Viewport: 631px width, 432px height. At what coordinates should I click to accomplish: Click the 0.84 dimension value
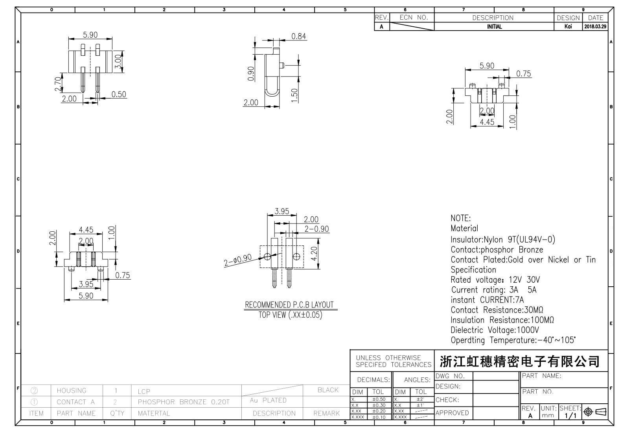coord(299,36)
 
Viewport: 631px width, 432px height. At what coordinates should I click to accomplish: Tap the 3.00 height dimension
coord(118,62)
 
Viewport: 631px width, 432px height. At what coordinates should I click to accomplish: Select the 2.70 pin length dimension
coord(58,84)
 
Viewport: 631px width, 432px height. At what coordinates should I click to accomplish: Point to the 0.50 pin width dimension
coord(119,94)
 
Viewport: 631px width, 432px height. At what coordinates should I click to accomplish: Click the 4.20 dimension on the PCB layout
coord(315,254)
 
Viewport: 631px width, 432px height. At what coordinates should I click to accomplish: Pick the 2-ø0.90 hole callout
coord(238,260)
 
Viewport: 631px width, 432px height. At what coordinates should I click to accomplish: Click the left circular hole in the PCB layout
coord(267,256)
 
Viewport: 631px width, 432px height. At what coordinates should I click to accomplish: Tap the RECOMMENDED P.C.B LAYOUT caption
coord(289,305)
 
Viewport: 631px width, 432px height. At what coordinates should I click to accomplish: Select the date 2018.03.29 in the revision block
coord(595,26)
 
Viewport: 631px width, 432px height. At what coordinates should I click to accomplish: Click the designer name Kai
coord(568,26)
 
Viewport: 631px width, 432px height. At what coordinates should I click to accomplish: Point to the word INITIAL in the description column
coord(494,27)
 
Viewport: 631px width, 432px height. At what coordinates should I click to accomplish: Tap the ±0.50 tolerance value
coord(379,399)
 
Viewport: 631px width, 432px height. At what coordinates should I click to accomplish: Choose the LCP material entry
coord(144,392)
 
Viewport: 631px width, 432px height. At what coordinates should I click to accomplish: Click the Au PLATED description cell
coord(268,400)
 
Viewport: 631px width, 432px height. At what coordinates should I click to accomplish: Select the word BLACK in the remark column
coord(328,390)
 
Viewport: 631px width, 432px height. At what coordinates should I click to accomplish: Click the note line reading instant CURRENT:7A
coord(487,300)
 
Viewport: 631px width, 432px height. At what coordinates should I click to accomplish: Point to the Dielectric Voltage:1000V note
coord(495,330)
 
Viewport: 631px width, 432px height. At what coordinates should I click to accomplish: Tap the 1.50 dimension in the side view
coord(294,95)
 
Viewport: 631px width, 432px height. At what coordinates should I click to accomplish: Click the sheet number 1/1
coord(570,416)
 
